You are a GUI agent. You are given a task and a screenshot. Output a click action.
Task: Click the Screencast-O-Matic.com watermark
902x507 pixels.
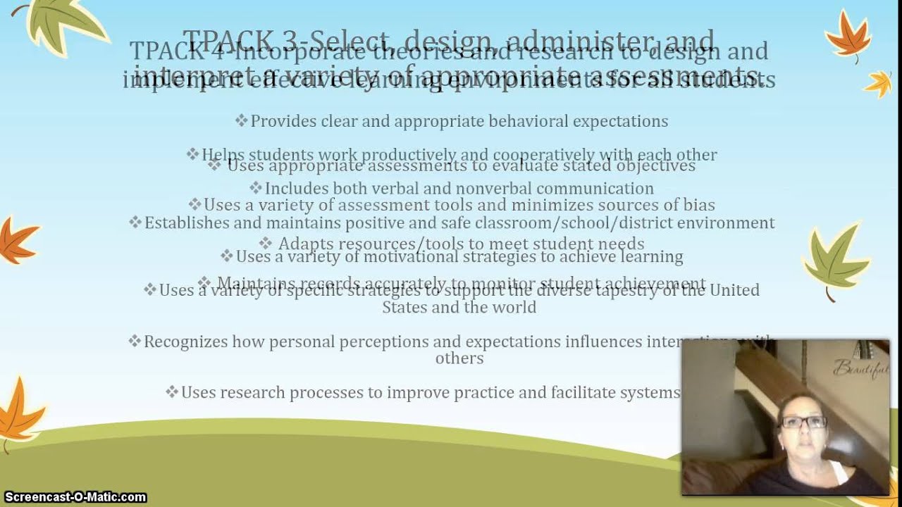coord(74,497)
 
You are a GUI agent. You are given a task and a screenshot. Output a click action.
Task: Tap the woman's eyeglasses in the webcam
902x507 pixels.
coord(803,423)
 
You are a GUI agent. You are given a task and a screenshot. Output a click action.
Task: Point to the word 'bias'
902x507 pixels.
coord(698,206)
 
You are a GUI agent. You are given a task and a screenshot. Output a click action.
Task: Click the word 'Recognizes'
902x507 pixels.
coord(186,342)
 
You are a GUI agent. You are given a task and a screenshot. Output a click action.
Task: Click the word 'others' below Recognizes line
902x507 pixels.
coord(459,358)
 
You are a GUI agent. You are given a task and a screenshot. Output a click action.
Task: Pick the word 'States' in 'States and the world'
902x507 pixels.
coord(404,308)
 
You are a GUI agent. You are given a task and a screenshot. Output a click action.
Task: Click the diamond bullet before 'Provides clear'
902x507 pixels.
coord(242,121)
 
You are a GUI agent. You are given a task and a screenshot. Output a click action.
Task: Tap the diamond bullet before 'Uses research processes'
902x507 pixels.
coord(172,392)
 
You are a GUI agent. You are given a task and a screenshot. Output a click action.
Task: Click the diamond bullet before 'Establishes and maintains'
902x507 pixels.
coord(135,223)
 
